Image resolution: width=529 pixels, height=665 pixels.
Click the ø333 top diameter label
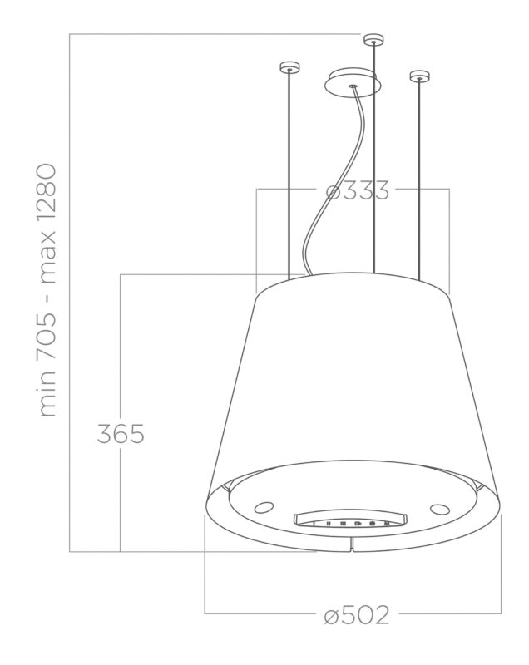(x=357, y=190)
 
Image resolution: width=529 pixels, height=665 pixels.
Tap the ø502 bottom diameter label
(x=357, y=615)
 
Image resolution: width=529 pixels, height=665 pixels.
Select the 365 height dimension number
(x=121, y=433)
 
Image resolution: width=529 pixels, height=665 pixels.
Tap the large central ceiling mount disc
(x=353, y=84)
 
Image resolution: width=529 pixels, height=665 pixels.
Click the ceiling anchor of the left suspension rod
(x=289, y=67)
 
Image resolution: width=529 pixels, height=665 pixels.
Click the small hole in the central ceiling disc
(x=353, y=84)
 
